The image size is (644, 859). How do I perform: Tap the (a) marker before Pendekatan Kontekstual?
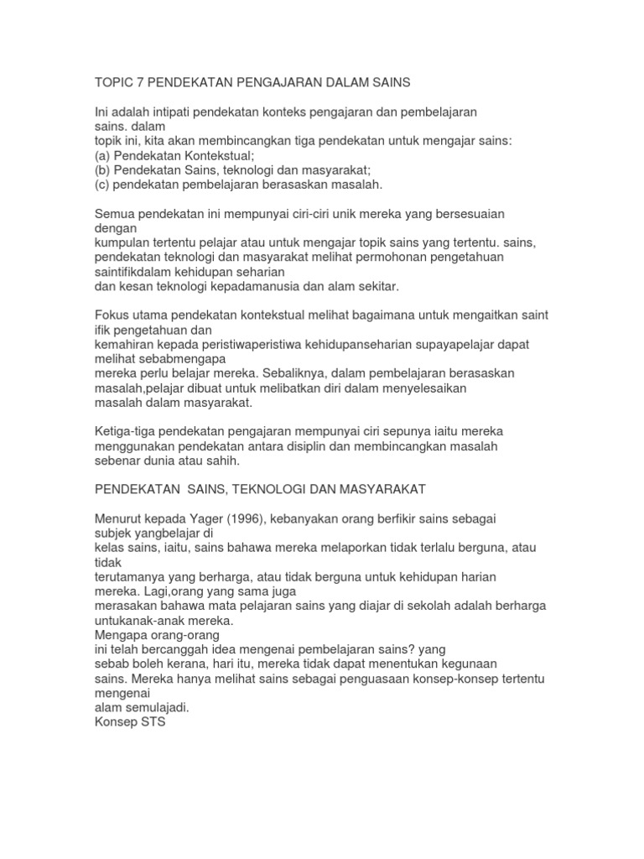[x=101, y=155]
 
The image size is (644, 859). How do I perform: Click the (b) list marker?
[x=101, y=169]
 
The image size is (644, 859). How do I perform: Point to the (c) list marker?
[x=101, y=184]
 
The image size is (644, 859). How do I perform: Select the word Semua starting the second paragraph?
[x=114, y=214]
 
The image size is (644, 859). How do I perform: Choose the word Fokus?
[x=112, y=315]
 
